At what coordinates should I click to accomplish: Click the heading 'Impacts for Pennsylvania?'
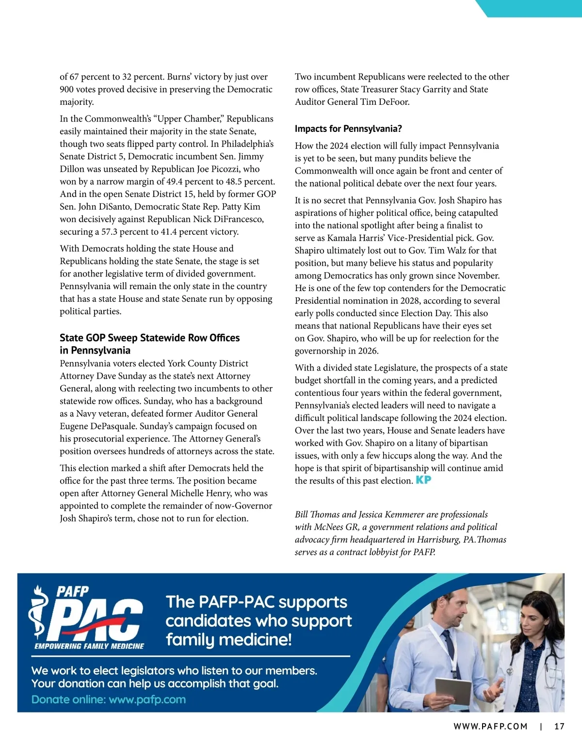click(348, 129)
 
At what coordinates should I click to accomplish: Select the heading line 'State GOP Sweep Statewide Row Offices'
click(149, 338)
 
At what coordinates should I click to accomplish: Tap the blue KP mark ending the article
click(423, 480)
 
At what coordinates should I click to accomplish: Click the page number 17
click(559, 726)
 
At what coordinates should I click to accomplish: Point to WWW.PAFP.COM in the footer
click(490, 726)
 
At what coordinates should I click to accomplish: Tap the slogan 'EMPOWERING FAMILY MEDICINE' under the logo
click(89, 646)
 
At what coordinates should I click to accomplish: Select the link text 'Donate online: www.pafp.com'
click(109, 699)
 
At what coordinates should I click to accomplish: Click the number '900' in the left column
click(67, 89)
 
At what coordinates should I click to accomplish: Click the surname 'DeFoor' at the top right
click(393, 102)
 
